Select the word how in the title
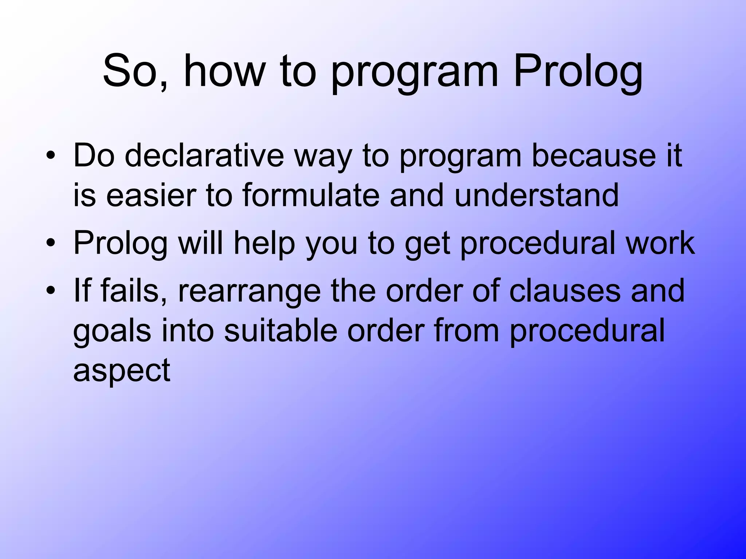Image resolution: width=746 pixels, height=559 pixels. [224, 71]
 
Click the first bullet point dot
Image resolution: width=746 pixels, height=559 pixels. [51, 157]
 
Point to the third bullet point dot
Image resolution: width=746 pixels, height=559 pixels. [51, 291]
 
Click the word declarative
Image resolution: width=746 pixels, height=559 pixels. [204, 156]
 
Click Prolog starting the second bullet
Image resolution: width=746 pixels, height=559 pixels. [120, 243]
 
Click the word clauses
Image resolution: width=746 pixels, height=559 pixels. [564, 290]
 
